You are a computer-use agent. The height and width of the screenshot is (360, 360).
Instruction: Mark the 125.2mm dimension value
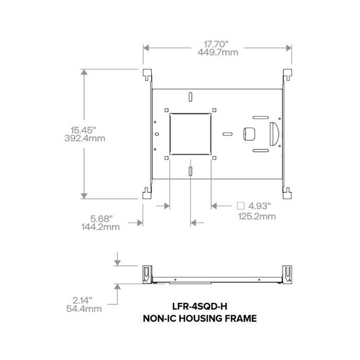(x=257, y=216)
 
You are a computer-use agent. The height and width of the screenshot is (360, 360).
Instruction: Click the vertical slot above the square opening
(x=190, y=97)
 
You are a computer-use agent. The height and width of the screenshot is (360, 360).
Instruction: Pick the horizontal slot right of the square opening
(x=227, y=133)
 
